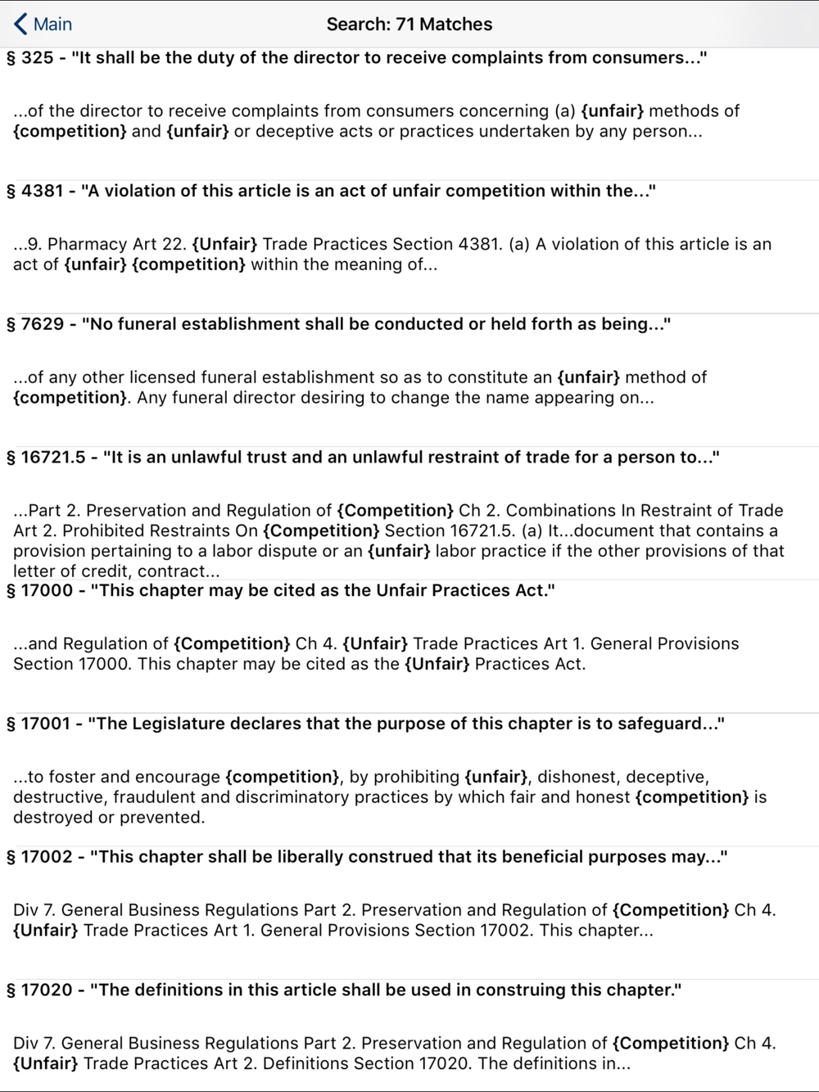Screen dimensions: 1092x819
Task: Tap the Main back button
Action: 43,24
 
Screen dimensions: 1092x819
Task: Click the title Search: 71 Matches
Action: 409,24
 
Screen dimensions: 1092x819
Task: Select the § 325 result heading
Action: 356,58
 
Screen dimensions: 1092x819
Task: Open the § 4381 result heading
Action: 331,191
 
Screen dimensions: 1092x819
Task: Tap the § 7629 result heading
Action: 338,324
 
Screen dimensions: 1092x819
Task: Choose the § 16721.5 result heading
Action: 363,458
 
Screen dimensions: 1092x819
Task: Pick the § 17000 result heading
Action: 281,590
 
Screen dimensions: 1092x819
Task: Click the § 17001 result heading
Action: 365,724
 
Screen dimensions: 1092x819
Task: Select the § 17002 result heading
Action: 367,857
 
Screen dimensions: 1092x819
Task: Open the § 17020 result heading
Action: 344,990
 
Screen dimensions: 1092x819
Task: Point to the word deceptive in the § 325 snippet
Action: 293,132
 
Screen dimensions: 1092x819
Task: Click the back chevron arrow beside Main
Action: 20,24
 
